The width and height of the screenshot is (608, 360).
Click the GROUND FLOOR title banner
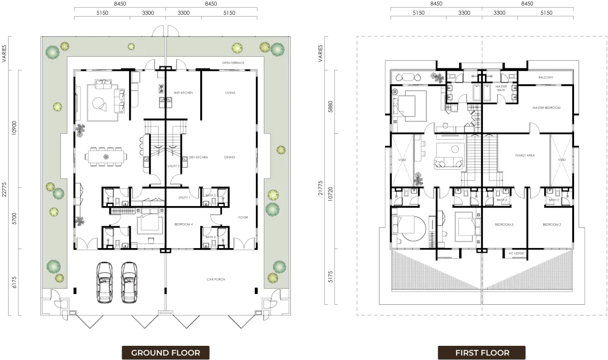(166, 352)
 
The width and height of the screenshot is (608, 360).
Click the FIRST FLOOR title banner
(482, 352)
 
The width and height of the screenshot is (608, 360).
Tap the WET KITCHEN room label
(183, 93)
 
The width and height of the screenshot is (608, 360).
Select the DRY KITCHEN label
(199, 157)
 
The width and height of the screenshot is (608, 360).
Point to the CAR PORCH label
(216, 279)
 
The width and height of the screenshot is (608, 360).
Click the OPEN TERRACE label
(233, 63)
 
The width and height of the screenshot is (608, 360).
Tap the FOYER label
(243, 217)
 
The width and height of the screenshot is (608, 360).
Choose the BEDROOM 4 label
(183, 224)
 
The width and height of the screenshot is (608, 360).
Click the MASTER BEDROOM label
(546, 108)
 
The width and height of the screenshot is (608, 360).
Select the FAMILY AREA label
(525, 155)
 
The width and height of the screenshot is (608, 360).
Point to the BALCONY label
(546, 77)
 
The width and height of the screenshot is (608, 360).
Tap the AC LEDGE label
(516, 253)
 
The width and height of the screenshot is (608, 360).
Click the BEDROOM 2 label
(552, 225)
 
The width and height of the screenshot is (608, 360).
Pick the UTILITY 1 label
(184, 197)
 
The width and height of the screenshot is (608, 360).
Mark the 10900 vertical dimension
(14, 128)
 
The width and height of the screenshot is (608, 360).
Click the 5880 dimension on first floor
(330, 107)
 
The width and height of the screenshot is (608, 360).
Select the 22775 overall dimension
(4, 189)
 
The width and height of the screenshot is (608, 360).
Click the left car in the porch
(104, 283)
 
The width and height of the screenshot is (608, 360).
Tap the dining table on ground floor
(106, 157)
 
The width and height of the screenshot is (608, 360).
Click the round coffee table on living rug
(97, 103)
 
